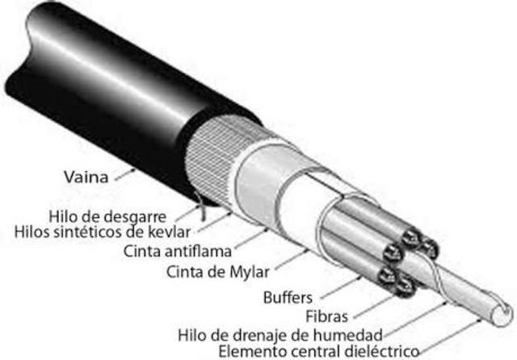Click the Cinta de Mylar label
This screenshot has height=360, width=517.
(x=215, y=269)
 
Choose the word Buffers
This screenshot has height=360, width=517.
(x=288, y=296)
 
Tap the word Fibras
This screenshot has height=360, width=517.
(x=323, y=314)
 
